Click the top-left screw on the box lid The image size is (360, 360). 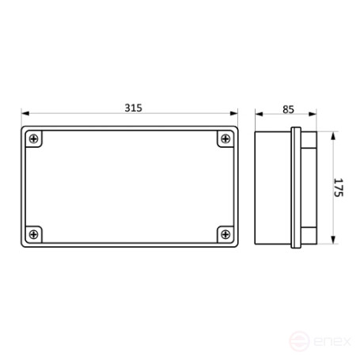tap(35, 140)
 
